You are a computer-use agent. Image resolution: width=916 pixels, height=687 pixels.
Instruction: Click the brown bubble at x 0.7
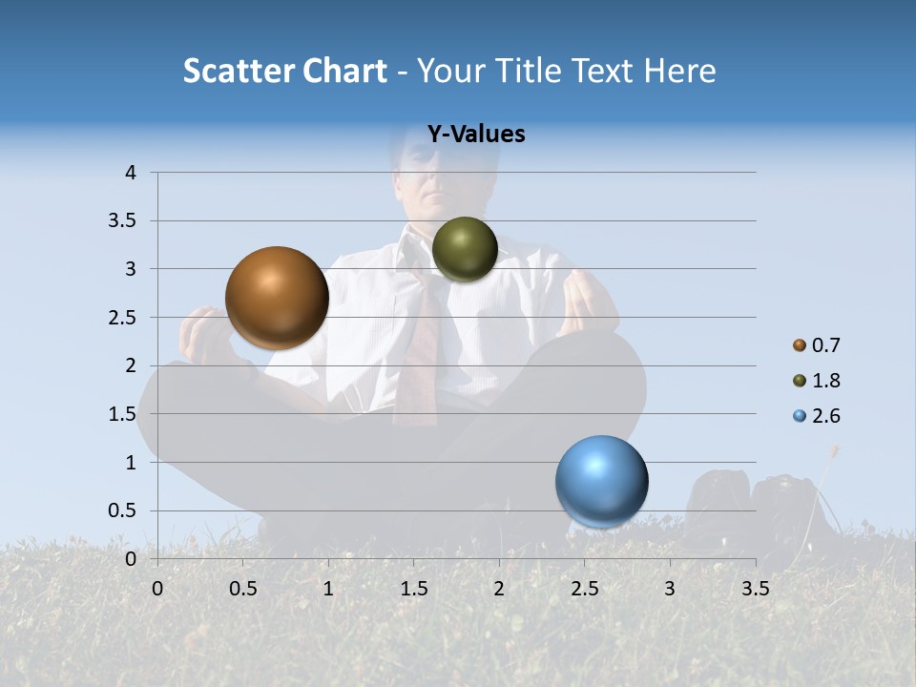(x=278, y=298)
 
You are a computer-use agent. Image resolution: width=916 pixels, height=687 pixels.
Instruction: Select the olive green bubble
(x=465, y=249)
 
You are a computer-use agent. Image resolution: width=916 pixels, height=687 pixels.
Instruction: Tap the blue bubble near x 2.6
(x=602, y=481)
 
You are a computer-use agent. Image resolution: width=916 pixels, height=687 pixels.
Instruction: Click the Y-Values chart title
(x=476, y=135)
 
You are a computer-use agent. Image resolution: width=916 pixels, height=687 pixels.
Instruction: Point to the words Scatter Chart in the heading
(x=284, y=71)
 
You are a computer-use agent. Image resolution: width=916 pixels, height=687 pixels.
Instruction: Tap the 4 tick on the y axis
(x=131, y=173)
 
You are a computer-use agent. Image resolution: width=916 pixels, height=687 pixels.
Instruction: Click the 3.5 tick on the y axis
(x=124, y=221)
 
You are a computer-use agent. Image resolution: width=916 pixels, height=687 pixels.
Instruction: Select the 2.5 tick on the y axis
(x=124, y=318)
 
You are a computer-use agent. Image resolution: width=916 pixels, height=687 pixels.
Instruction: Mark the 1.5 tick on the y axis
(x=124, y=414)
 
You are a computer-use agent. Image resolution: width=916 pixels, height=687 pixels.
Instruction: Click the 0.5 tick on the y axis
(x=124, y=511)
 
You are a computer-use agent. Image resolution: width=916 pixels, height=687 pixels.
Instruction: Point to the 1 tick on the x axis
(x=328, y=589)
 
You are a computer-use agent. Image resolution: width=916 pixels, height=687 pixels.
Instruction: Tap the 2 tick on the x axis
(x=499, y=589)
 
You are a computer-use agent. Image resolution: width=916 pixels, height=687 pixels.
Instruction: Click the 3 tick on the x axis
(x=670, y=589)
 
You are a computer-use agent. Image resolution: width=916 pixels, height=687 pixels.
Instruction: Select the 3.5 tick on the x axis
(x=755, y=589)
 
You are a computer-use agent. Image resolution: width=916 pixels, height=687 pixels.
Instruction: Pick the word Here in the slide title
(x=680, y=71)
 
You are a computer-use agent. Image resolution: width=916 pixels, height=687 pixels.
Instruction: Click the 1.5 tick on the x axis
(x=413, y=589)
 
